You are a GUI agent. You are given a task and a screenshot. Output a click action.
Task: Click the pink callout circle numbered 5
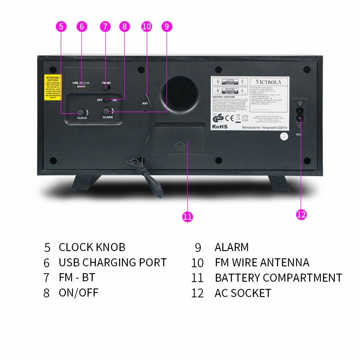(x=62, y=27)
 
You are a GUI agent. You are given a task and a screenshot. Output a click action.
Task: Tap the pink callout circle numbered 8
(x=124, y=27)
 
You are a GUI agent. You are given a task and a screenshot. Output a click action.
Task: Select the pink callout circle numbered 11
(x=188, y=216)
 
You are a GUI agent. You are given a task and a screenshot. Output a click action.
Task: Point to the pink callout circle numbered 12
(x=301, y=214)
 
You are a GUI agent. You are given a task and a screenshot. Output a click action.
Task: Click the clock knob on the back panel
(x=81, y=112)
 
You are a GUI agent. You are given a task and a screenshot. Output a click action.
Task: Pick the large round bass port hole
(x=179, y=93)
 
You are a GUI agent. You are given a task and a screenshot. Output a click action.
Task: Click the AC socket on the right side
(x=299, y=114)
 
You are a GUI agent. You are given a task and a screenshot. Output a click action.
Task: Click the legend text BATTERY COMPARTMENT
(x=278, y=278)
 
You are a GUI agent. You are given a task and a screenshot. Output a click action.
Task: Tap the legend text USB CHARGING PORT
(x=112, y=262)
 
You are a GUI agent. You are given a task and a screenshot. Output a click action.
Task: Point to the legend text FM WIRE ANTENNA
(x=262, y=262)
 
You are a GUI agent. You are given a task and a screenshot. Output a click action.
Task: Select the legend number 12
(x=198, y=293)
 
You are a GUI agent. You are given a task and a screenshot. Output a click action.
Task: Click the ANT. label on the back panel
(x=145, y=103)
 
